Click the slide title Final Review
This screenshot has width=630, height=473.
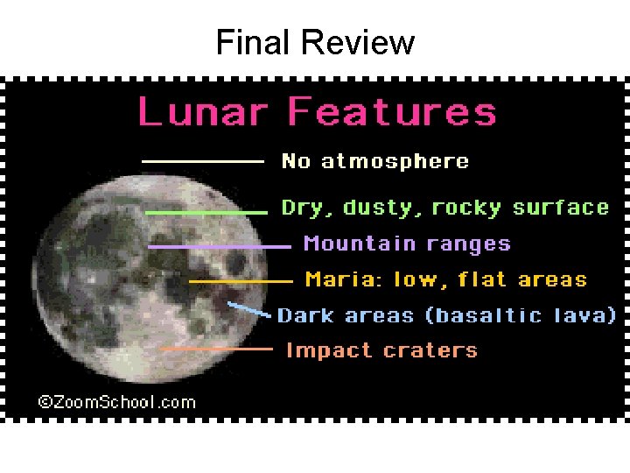coord(315,41)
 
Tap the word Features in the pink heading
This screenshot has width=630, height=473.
coord(392,113)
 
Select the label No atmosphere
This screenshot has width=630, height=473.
coord(374,161)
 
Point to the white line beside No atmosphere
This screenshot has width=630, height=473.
coord(203,161)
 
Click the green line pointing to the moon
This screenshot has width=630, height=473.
coord(206,212)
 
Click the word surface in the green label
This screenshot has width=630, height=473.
coord(560,208)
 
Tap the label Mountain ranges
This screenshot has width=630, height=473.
coord(407,244)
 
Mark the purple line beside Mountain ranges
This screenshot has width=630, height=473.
coord(219,247)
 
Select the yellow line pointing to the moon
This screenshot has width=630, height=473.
coord(241,281)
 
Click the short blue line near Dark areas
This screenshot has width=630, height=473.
coord(248,308)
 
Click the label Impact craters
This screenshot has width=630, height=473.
coord(381,350)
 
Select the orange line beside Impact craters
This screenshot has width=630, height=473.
coord(217,349)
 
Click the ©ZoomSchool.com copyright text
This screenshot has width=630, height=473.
coord(116,402)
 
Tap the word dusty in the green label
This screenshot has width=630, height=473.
coord(375,208)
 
